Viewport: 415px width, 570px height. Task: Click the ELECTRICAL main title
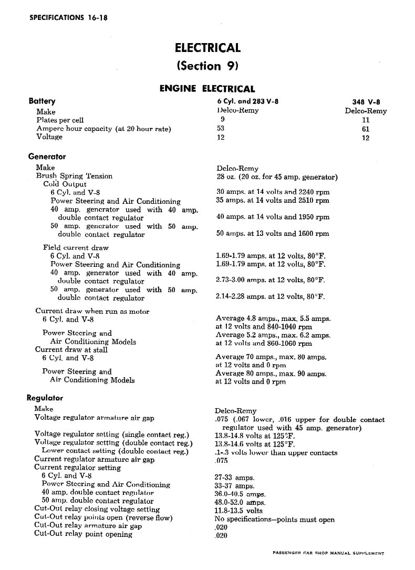coord(207,48)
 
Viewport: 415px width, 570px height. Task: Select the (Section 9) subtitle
coord(207,66)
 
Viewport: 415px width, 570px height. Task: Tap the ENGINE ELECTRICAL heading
coord(207,89)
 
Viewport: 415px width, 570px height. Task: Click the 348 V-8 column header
coord(366,102)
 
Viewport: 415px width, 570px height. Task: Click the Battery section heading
coord(42,101)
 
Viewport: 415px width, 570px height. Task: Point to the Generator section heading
coord(47,156)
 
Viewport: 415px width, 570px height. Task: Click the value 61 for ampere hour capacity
coord(366,128)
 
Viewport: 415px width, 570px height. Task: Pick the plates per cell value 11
coord(366,120)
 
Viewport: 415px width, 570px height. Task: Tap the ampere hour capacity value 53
coord(221,128)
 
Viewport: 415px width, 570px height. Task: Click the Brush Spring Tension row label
coord(74,176)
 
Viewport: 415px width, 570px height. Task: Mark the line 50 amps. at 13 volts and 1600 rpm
coord(273,233)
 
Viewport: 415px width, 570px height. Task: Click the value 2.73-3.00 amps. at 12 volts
coord(271,280)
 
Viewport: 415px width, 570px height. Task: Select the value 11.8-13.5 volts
coord(238,511)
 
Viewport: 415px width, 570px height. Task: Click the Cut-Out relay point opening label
coord(83,534)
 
